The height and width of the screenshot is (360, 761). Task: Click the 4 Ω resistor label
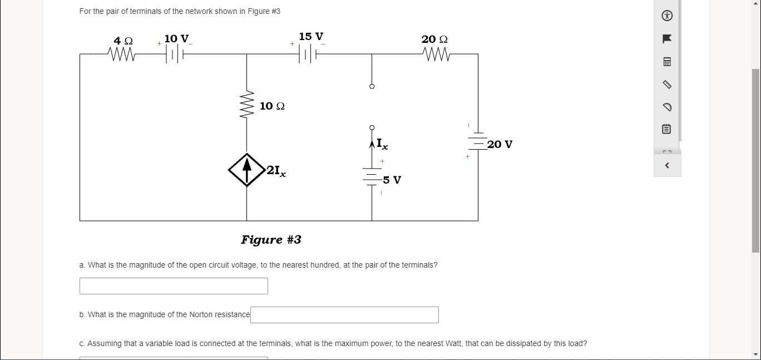click(123, 41)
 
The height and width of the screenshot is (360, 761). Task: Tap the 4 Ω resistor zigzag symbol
click(123, 55)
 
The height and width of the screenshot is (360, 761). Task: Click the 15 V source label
click(311, 37)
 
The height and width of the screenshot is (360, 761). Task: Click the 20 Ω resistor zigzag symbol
click(436, 55)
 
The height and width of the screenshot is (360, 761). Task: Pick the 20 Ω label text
click(434, 40)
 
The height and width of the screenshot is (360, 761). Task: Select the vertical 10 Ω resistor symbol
click(247, 105)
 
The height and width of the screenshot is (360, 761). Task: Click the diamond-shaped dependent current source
click(246, 170)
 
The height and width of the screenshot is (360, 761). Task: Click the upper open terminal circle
click(372, 86)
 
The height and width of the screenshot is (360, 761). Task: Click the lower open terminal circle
click(372, 127)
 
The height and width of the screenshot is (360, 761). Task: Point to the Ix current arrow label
click(382, 144)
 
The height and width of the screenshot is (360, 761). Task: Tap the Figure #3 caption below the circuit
click(271, 240)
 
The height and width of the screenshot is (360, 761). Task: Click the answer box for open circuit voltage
click(174, 286)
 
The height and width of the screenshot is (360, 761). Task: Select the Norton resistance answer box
click(344, 315)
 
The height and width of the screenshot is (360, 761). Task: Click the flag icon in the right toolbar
click(668, 38)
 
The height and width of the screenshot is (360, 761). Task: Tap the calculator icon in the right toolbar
click(668, 62)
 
